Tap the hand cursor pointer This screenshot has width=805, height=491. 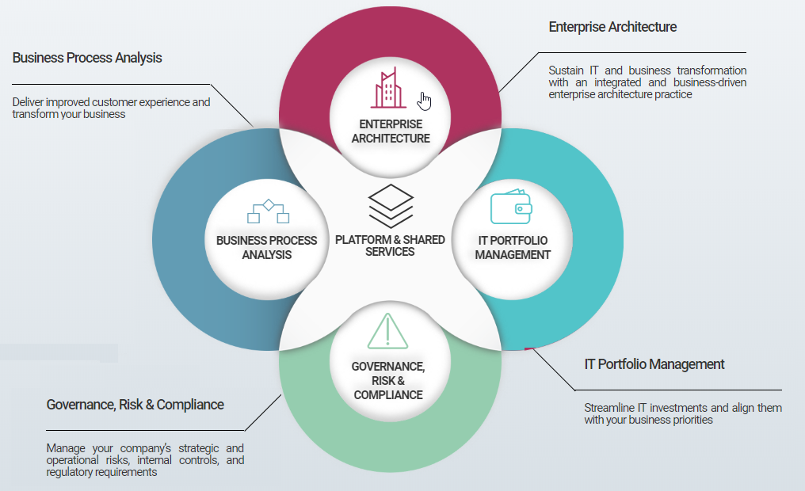click(425, 101)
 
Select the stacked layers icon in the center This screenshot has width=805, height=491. click(391, 206)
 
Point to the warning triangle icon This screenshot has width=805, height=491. click(387, 332)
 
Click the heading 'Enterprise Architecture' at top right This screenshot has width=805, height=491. click(612, 27)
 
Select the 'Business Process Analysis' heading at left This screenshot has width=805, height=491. click(87, 58)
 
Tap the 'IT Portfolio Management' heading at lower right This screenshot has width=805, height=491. click(654, 364)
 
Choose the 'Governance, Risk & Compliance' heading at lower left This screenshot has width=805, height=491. click(135, 405)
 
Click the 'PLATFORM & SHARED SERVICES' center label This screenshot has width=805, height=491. click(391, 246)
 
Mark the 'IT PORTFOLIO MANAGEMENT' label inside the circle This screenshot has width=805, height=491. click(513, 248)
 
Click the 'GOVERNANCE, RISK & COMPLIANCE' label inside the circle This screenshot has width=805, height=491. click(388, 380)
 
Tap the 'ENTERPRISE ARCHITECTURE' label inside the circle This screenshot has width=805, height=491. click(391, 131)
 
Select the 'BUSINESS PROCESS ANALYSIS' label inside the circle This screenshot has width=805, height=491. click(267, 248)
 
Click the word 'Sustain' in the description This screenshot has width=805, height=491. click(566, 70)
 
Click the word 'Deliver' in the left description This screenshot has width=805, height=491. click(29, 102)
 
